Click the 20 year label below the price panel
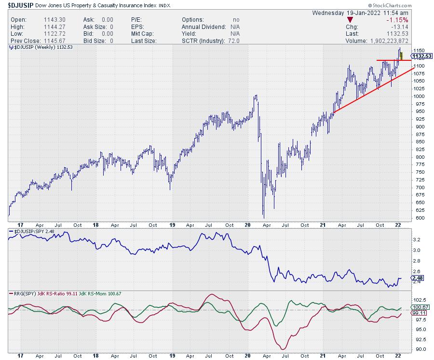247,224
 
